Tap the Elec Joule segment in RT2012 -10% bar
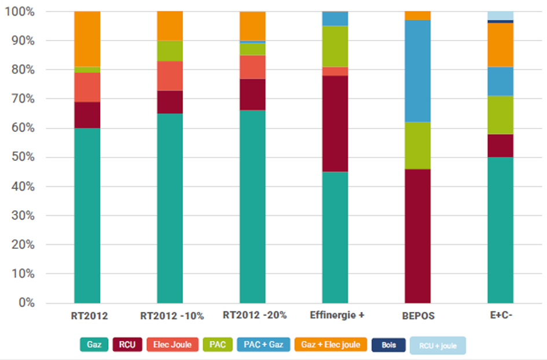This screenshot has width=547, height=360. (x=170, y=75)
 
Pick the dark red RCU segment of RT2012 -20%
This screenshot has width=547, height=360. (x=252, y=94)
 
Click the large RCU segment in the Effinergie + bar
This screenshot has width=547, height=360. (x=335, y=124)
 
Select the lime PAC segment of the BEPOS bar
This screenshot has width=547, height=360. (x=418, y=145)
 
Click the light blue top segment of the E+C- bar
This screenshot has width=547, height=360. (x=500, y=15)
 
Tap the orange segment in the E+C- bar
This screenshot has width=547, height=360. (x=500, y=45)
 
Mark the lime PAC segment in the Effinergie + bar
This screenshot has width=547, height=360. (x=335, y=46)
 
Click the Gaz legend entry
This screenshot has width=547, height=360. (x=94, y=345)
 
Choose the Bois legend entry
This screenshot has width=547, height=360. (x=389, y=345)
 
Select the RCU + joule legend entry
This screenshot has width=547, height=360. (x=438, y=346)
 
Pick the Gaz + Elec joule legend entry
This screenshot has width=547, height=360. (x=331, y=345)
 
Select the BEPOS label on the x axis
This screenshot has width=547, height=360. (x=418, y=317)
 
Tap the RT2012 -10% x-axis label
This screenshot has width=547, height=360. (x=172, y=317)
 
